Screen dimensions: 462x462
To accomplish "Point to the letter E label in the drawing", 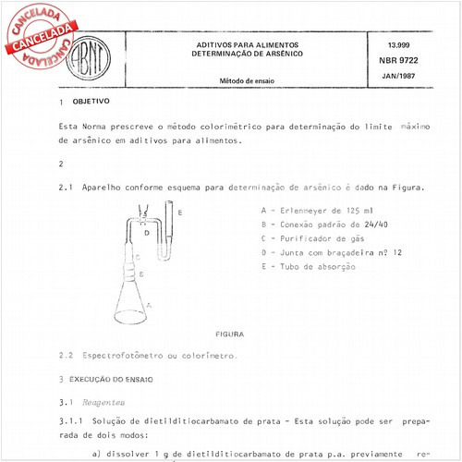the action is [x=180, y=213].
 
